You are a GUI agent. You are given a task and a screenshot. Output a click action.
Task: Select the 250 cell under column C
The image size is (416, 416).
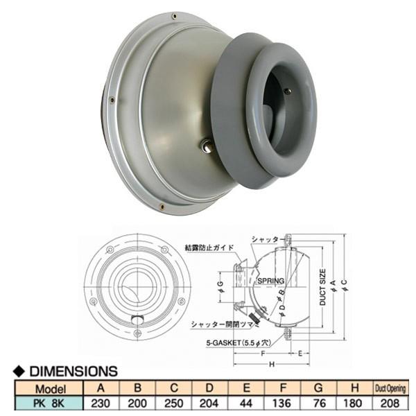click(x=173, y=403)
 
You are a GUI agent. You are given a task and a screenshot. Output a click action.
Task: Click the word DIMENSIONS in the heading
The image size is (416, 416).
click(x=72, y=372)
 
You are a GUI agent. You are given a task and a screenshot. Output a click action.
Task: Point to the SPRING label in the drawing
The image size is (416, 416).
click(x=270, y=281)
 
